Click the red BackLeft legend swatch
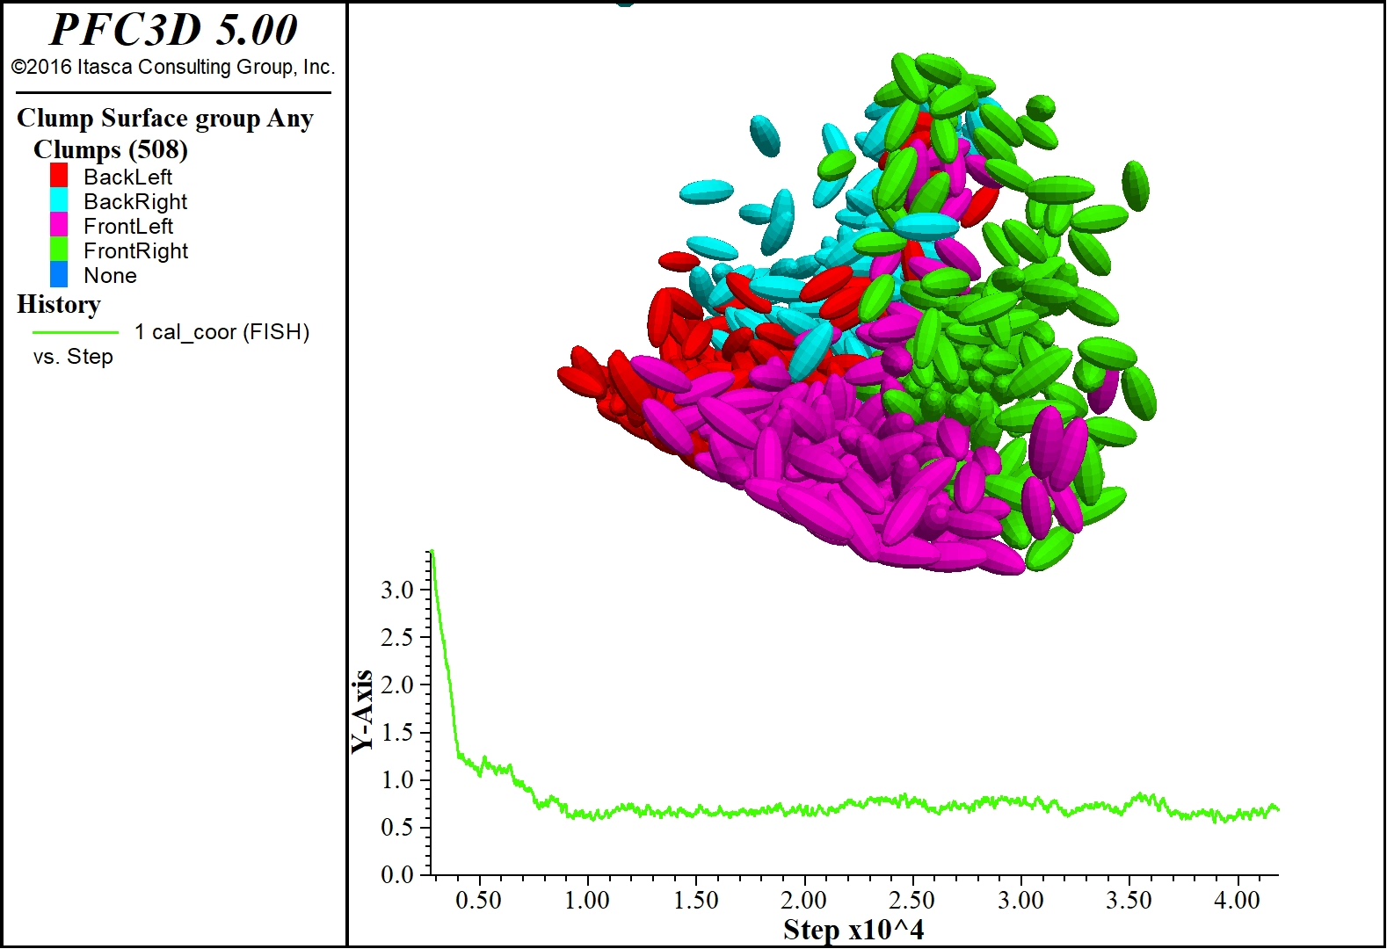(59, 175)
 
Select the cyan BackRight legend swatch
(59, 200)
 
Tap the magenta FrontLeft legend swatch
(59, 225)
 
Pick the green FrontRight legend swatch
(59, 250)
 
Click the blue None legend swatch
(59, 274)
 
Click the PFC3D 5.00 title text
(173, 30)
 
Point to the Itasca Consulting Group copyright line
(173, 67)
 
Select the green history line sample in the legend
(76, 332)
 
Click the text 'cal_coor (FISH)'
(230, 332)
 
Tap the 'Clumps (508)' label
(110, 149)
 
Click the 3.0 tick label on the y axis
(397, 590)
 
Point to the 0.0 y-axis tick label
(397, 874)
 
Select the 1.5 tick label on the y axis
(397, 732)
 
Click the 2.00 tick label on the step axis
(803, 900)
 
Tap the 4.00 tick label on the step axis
(1238, 900)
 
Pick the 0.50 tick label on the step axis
(479, 900)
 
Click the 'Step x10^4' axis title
(853, 930)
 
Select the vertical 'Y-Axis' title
(362, 712)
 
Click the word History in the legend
(59, 305)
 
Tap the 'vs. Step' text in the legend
(73, 357)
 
